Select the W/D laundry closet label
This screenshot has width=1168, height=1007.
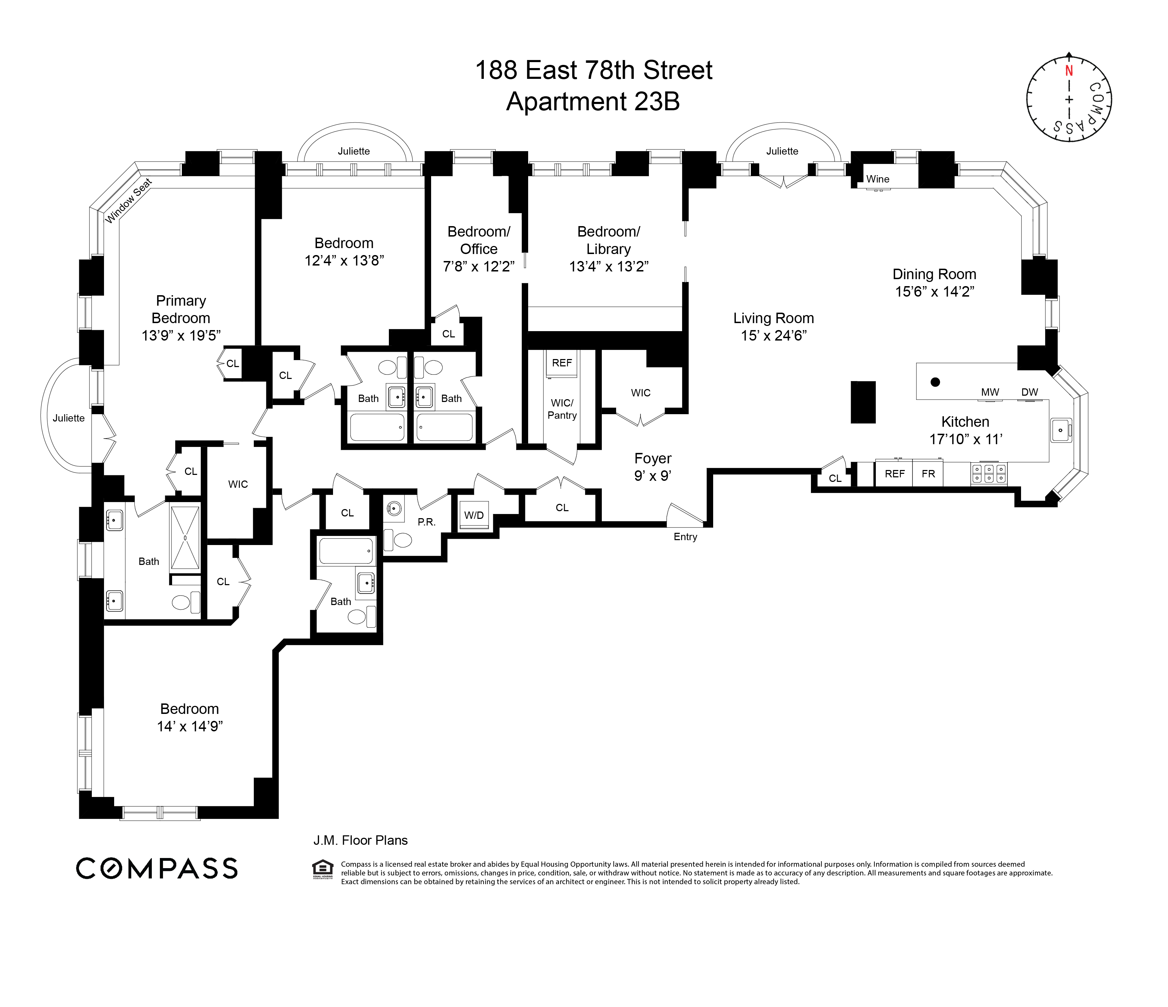[473, 516]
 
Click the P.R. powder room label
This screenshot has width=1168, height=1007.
[426, 522]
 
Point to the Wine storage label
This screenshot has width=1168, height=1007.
[878, 179]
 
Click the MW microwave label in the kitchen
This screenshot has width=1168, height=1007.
[990, 392]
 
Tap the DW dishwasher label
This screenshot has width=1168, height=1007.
[1029, 392]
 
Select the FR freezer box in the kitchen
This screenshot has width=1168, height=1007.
[928, 474]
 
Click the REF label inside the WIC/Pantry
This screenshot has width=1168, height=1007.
[561, 363]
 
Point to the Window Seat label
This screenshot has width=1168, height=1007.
[128, 201]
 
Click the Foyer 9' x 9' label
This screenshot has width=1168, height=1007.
[653, 467]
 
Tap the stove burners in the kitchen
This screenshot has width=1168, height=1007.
[989, 473]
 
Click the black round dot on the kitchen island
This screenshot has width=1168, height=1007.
[935, 382]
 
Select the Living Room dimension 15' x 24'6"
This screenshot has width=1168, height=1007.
[774, 336]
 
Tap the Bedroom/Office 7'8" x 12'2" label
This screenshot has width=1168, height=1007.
[479, 249]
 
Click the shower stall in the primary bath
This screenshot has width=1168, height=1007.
[185, 538]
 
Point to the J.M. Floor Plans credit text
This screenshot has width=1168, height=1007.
[360, 840]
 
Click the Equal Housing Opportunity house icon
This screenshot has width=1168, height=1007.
[323, 869]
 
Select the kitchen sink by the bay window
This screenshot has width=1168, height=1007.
[1061, 431]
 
